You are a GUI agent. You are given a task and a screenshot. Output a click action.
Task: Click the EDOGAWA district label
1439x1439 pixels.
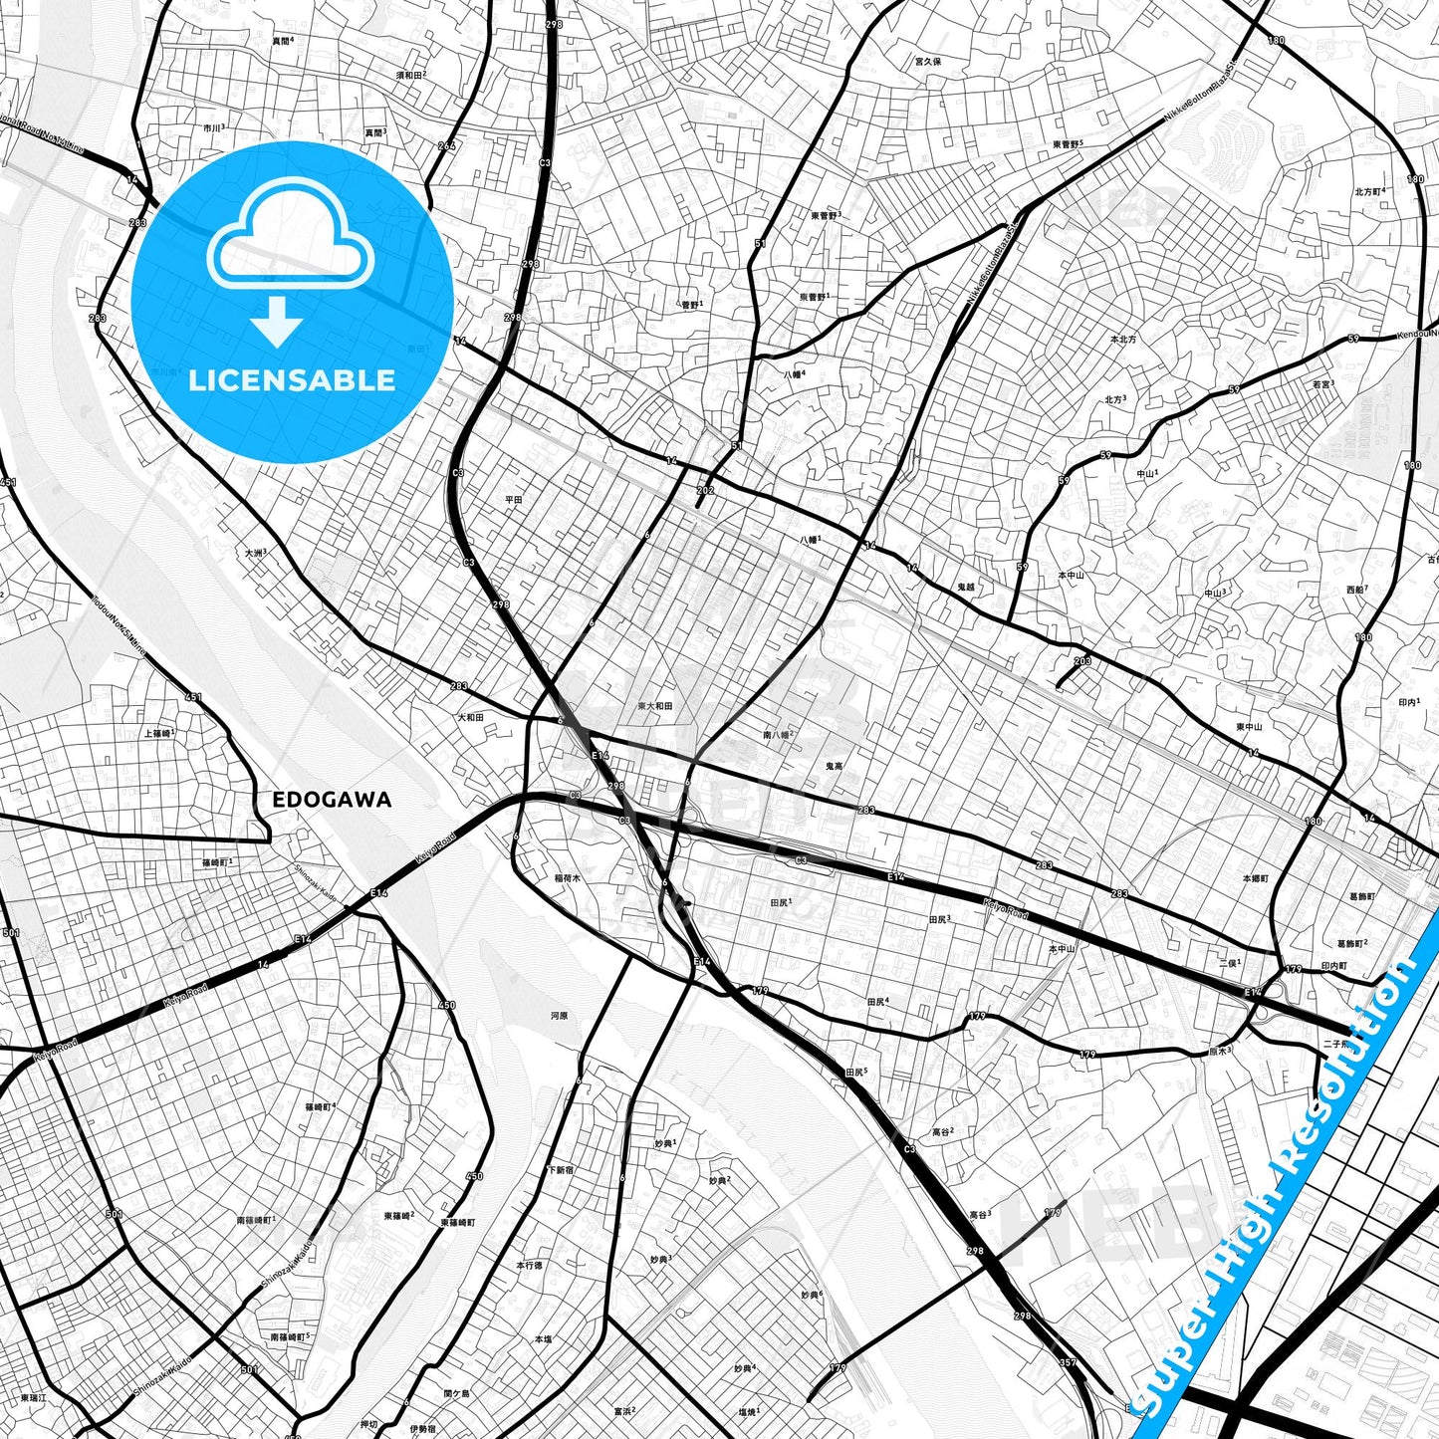point(332,800)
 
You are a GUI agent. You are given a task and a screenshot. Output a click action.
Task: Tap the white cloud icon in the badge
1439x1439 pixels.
point(290,242)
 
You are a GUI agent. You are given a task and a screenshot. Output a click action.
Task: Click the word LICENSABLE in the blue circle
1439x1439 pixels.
point(292,379)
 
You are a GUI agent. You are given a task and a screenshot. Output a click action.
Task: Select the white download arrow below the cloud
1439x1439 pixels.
point(277,321)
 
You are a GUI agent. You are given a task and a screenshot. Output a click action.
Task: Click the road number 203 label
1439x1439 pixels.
point(1082,661)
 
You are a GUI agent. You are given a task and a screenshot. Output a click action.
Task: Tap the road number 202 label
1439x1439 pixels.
point(705,490)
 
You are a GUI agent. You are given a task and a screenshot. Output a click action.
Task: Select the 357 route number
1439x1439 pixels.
point(1068,1362)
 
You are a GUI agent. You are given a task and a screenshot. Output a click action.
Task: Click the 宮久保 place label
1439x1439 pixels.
point(927,62)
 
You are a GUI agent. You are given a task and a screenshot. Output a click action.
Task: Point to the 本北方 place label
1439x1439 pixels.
point(1122,340)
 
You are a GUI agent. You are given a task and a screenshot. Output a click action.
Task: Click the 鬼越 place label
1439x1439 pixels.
point(965,588)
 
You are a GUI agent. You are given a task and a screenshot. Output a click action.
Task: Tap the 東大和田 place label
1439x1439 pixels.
point(655,706)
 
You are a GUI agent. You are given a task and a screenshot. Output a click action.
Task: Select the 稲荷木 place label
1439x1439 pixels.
point(567,878)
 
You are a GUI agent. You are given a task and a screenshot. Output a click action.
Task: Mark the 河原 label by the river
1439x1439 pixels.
point(559,1016)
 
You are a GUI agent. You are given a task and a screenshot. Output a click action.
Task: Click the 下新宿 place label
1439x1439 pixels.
point(560,1170)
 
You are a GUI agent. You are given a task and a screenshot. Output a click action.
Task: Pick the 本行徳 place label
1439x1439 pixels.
point(529,1265)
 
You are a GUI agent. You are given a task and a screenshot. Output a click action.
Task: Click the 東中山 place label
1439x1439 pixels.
point(1249,727)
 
